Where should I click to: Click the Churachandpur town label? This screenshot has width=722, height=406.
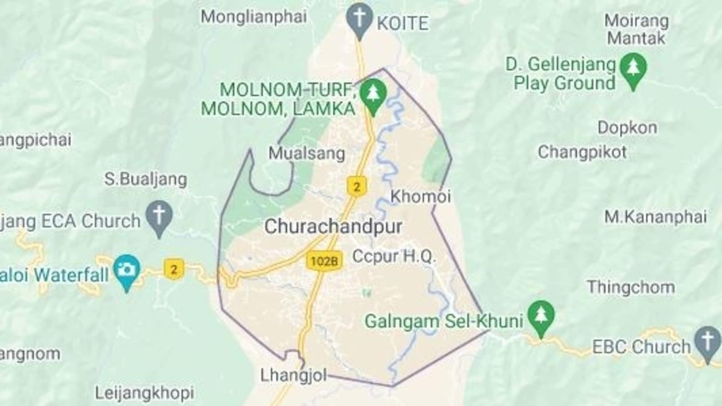333,226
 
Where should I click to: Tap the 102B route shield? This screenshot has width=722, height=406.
324,261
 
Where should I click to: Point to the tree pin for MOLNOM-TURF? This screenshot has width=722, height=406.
373,94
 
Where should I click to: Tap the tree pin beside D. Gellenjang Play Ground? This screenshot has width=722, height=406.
633,69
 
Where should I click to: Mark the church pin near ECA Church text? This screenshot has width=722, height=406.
159,217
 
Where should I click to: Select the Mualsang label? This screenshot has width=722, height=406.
307,153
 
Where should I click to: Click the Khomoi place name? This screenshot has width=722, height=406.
420,196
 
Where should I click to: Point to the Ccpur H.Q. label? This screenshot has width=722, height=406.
394,256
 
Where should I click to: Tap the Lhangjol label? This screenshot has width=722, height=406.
293,375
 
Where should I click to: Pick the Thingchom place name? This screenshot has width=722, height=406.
630,287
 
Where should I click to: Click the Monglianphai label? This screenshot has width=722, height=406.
253,17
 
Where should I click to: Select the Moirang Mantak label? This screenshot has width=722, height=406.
636,29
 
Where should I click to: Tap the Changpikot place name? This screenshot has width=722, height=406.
582,152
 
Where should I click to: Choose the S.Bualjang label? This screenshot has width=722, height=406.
145,179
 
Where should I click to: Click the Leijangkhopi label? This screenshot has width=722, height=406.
144,392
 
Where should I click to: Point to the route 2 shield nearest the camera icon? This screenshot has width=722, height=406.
173,270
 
